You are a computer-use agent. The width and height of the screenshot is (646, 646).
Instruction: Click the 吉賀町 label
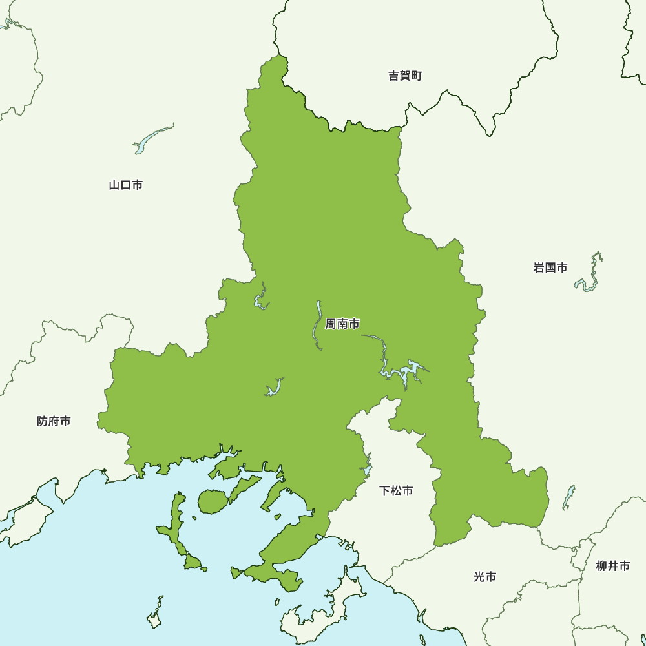[405, 76]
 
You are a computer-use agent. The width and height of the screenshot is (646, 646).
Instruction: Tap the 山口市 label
[126, 185]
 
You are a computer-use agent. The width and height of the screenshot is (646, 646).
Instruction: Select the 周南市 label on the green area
[342, 324]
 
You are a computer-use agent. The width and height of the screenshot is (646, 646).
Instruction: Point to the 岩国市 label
[550, 267]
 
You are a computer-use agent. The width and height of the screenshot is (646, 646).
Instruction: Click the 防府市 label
[54, 422]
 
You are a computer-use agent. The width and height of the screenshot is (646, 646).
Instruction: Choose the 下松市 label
[396, 491]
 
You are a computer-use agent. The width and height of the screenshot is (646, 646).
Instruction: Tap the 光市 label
[484, 577]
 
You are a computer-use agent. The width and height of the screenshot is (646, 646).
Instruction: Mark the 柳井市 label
[612, 567]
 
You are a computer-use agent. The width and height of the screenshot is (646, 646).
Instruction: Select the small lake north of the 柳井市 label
[568, 497]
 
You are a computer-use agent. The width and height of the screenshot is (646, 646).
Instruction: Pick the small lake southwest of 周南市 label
[274, 388]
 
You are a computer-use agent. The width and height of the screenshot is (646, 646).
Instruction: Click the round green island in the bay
[211, 501]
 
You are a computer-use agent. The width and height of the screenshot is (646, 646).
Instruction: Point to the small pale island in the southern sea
[155, 617]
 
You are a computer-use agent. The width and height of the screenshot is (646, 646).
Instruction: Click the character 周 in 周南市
[331, 324]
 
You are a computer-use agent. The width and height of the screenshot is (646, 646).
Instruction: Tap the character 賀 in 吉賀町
[405, 76]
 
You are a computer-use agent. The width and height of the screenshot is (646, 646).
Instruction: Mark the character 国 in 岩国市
[550, 267]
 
